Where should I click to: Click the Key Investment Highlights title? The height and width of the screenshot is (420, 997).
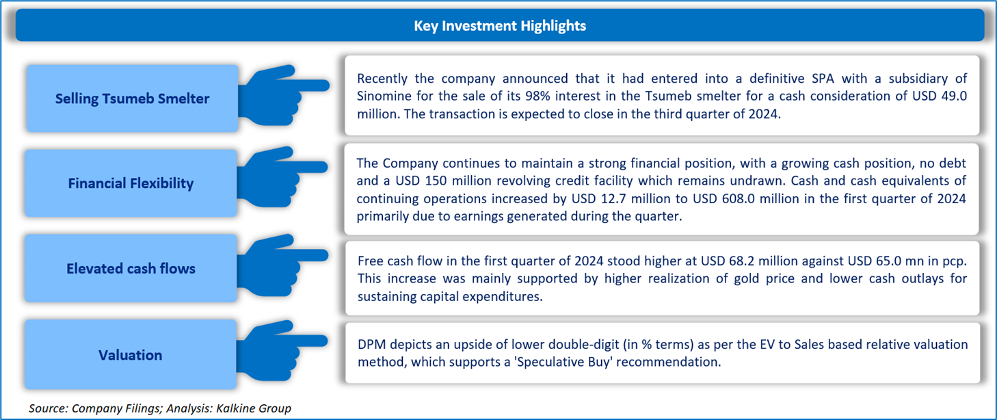click(x=500, y=26)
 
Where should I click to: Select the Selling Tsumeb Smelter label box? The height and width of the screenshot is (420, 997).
click(x=132, y=99)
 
